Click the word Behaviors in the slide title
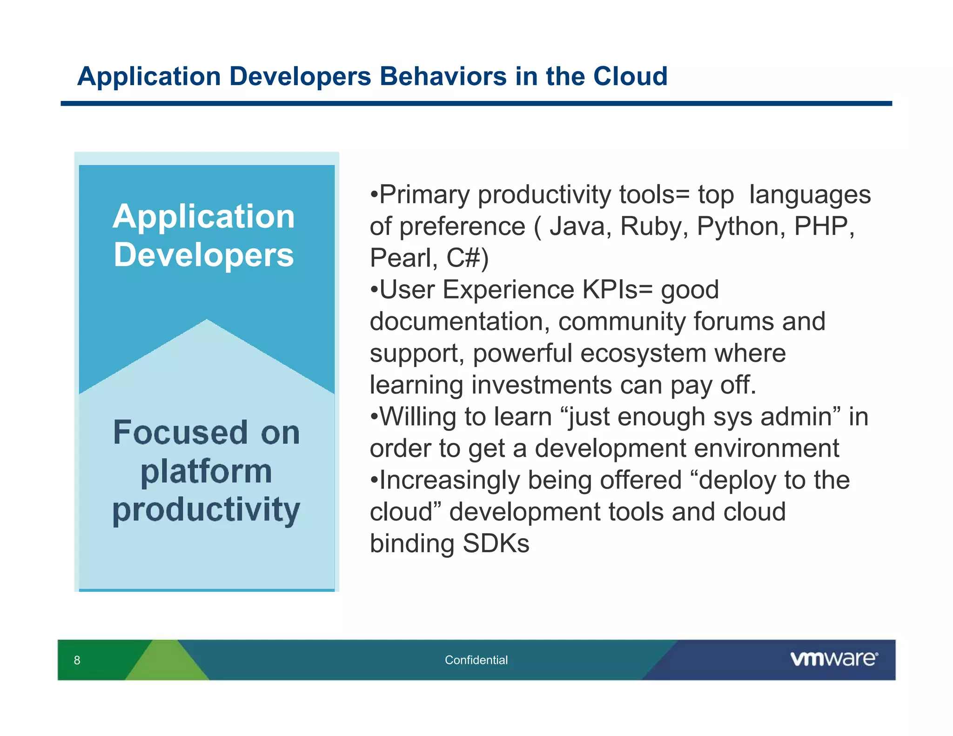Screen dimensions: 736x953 click(443, 76)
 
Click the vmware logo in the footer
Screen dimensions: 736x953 click(833, 659)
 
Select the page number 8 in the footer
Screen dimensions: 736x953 click(77, 660)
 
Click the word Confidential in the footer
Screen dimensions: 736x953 click(476, 660)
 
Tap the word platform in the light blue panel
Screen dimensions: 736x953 click(206, 472)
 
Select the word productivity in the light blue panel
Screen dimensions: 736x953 click(206, 510)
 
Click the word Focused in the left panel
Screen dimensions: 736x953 click(181, 433)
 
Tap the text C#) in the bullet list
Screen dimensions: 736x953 click(467, 258)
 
